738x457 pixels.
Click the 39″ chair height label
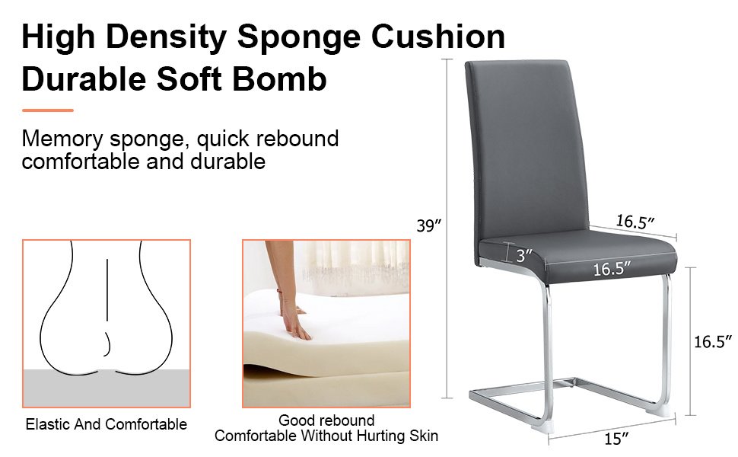coord(429,225)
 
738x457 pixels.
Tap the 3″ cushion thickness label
coord(524,255)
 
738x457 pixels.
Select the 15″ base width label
coord(616,439)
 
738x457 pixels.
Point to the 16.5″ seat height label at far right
coord(713,341)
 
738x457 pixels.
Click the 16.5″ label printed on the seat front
coord(612,269)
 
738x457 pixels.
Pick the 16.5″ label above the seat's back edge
coord(635,221)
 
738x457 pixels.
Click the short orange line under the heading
coord(47,110)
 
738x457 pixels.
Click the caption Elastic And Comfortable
coord(107,424)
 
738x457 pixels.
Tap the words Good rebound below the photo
coord(326,420)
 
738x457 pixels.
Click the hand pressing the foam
coord(287,302)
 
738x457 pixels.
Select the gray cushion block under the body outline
coord(107,388)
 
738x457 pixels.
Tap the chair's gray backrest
coord(526,146)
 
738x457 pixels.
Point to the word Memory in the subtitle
coord(62,139)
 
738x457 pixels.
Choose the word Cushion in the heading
coord(438,37)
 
